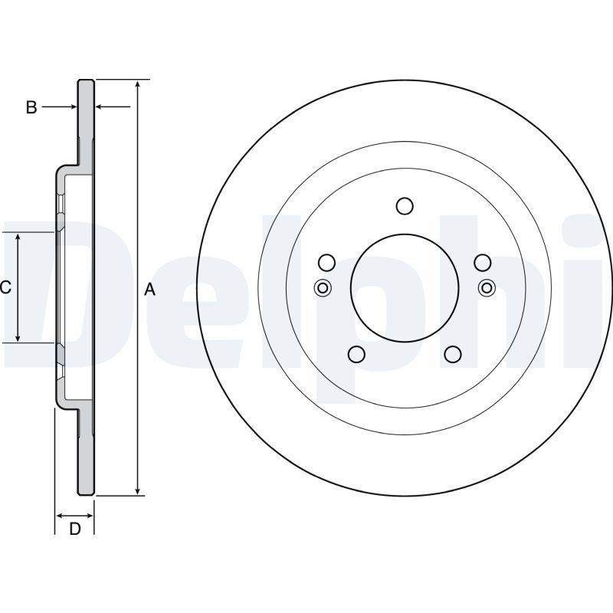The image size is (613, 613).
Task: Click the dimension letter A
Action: tap(150, 290)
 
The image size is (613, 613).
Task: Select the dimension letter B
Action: tap(31, 107)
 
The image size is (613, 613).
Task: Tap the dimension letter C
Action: tap(5, 288)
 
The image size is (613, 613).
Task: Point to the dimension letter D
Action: tap(75, 528)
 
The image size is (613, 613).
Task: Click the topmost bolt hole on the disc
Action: tap(405, 206)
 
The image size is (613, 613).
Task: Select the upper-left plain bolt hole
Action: tap(326, 263)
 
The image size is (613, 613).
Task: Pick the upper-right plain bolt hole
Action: tap(482, 263)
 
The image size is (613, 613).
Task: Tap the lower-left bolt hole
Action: tap(356, 354)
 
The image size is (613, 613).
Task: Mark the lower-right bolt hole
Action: tap(453, 354)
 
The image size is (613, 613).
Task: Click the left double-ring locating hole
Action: tap(323, 288)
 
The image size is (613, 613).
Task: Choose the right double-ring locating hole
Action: tap(486, 288)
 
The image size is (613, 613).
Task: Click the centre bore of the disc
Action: tap(405, 287)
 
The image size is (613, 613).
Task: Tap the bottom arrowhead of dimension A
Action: tap(138, 490)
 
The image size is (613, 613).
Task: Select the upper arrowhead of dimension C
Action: tap(18, 237)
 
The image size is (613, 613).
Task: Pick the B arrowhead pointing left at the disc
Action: tap(99, 107)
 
